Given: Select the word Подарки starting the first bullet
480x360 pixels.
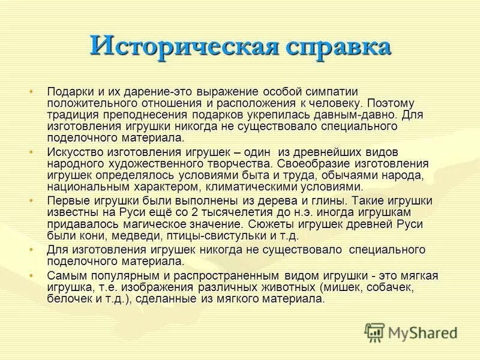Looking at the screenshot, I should [70, 91].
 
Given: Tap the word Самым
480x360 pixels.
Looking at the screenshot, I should [65, 275].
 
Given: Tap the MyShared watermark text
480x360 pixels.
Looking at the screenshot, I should [424, 332].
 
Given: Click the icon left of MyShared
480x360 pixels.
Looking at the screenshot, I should [375, 332].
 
